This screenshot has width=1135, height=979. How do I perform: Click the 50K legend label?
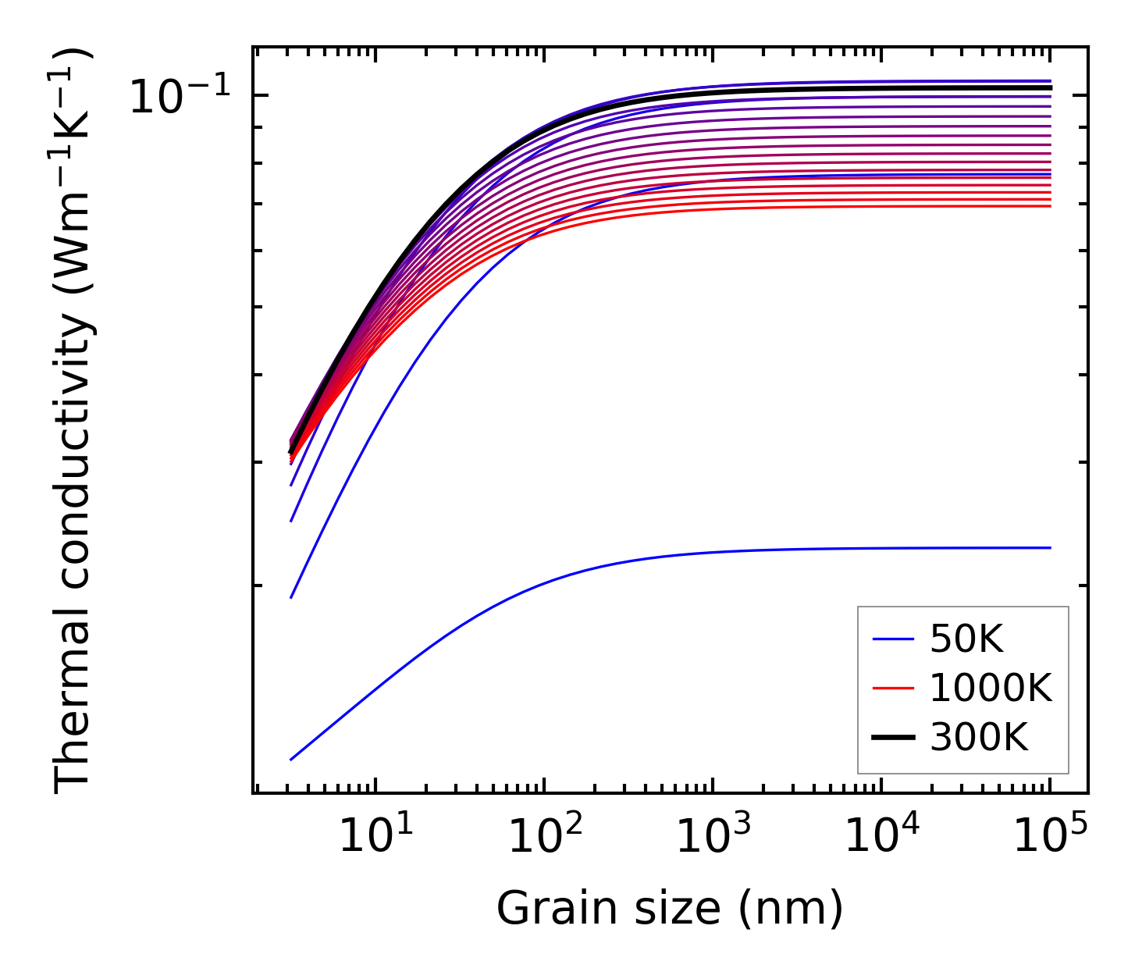pyautogui.click(x=966, y=640)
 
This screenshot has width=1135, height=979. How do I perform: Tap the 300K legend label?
pyautogui.click(x=979, y=737)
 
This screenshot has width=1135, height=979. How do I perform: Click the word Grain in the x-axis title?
pyautogui.click(x=541, y=910)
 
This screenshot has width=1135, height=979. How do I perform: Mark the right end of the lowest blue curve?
pyautogui.click(x=1051, y=548)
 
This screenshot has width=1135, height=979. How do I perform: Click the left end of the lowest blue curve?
pyautogui.click(x=291, y=759)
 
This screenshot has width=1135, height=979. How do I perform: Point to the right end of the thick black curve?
pyautogui.click(x=1051, y=87)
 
